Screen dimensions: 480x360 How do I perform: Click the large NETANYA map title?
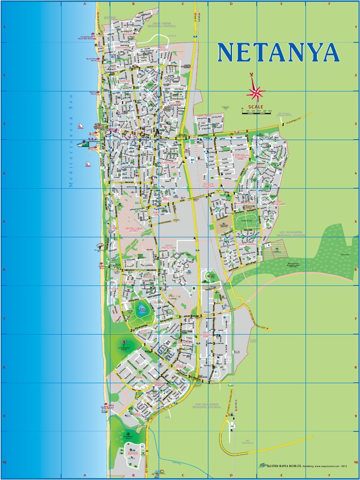(278, 52)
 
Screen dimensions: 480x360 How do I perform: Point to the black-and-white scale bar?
(256, 113)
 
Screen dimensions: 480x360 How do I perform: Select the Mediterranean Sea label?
(71, 146)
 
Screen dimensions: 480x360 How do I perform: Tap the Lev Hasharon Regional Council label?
(292, 233)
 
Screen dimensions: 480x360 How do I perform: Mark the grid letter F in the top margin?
(329, 3)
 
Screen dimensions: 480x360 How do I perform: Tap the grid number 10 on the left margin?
(4, 462)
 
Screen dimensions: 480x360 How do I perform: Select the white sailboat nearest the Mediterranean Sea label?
(88, 164)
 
